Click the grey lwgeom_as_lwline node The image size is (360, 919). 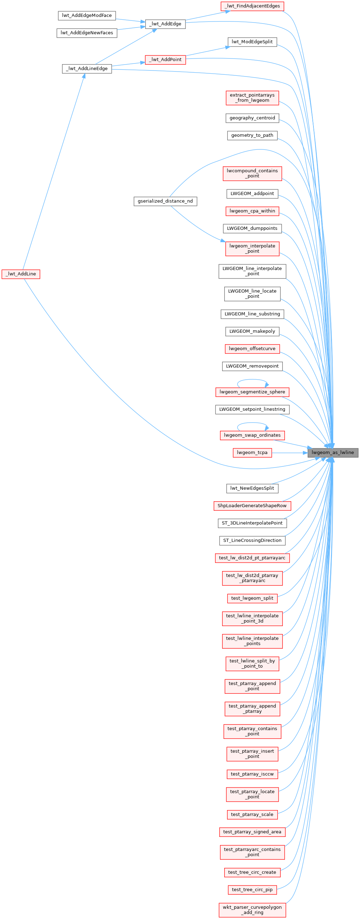click(332, 452)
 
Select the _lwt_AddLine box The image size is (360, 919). click(21, 274)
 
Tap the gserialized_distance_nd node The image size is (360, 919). click(165, 201)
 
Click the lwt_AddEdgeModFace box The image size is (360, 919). click(87, 16)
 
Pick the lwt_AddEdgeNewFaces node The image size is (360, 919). click(87, 33)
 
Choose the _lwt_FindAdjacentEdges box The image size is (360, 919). click(252, 6)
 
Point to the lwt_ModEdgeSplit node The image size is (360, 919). click(252, 42)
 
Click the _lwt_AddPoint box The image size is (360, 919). click(165, 60)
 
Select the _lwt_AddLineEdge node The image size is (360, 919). click(87, 68)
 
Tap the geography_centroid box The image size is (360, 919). click(252, 118)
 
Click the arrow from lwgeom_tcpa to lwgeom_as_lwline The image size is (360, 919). click(289, 453)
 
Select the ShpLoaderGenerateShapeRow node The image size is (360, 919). click(252, 506)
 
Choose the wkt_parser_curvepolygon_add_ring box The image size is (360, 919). click(252, 909)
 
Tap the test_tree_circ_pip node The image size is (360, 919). click(252, 889)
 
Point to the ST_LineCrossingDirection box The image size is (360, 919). click(252, 540)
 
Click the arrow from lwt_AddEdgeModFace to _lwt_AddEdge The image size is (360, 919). click(130, 20)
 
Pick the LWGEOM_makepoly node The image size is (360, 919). click(252, 331)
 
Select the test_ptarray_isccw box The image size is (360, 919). click(252, 774)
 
